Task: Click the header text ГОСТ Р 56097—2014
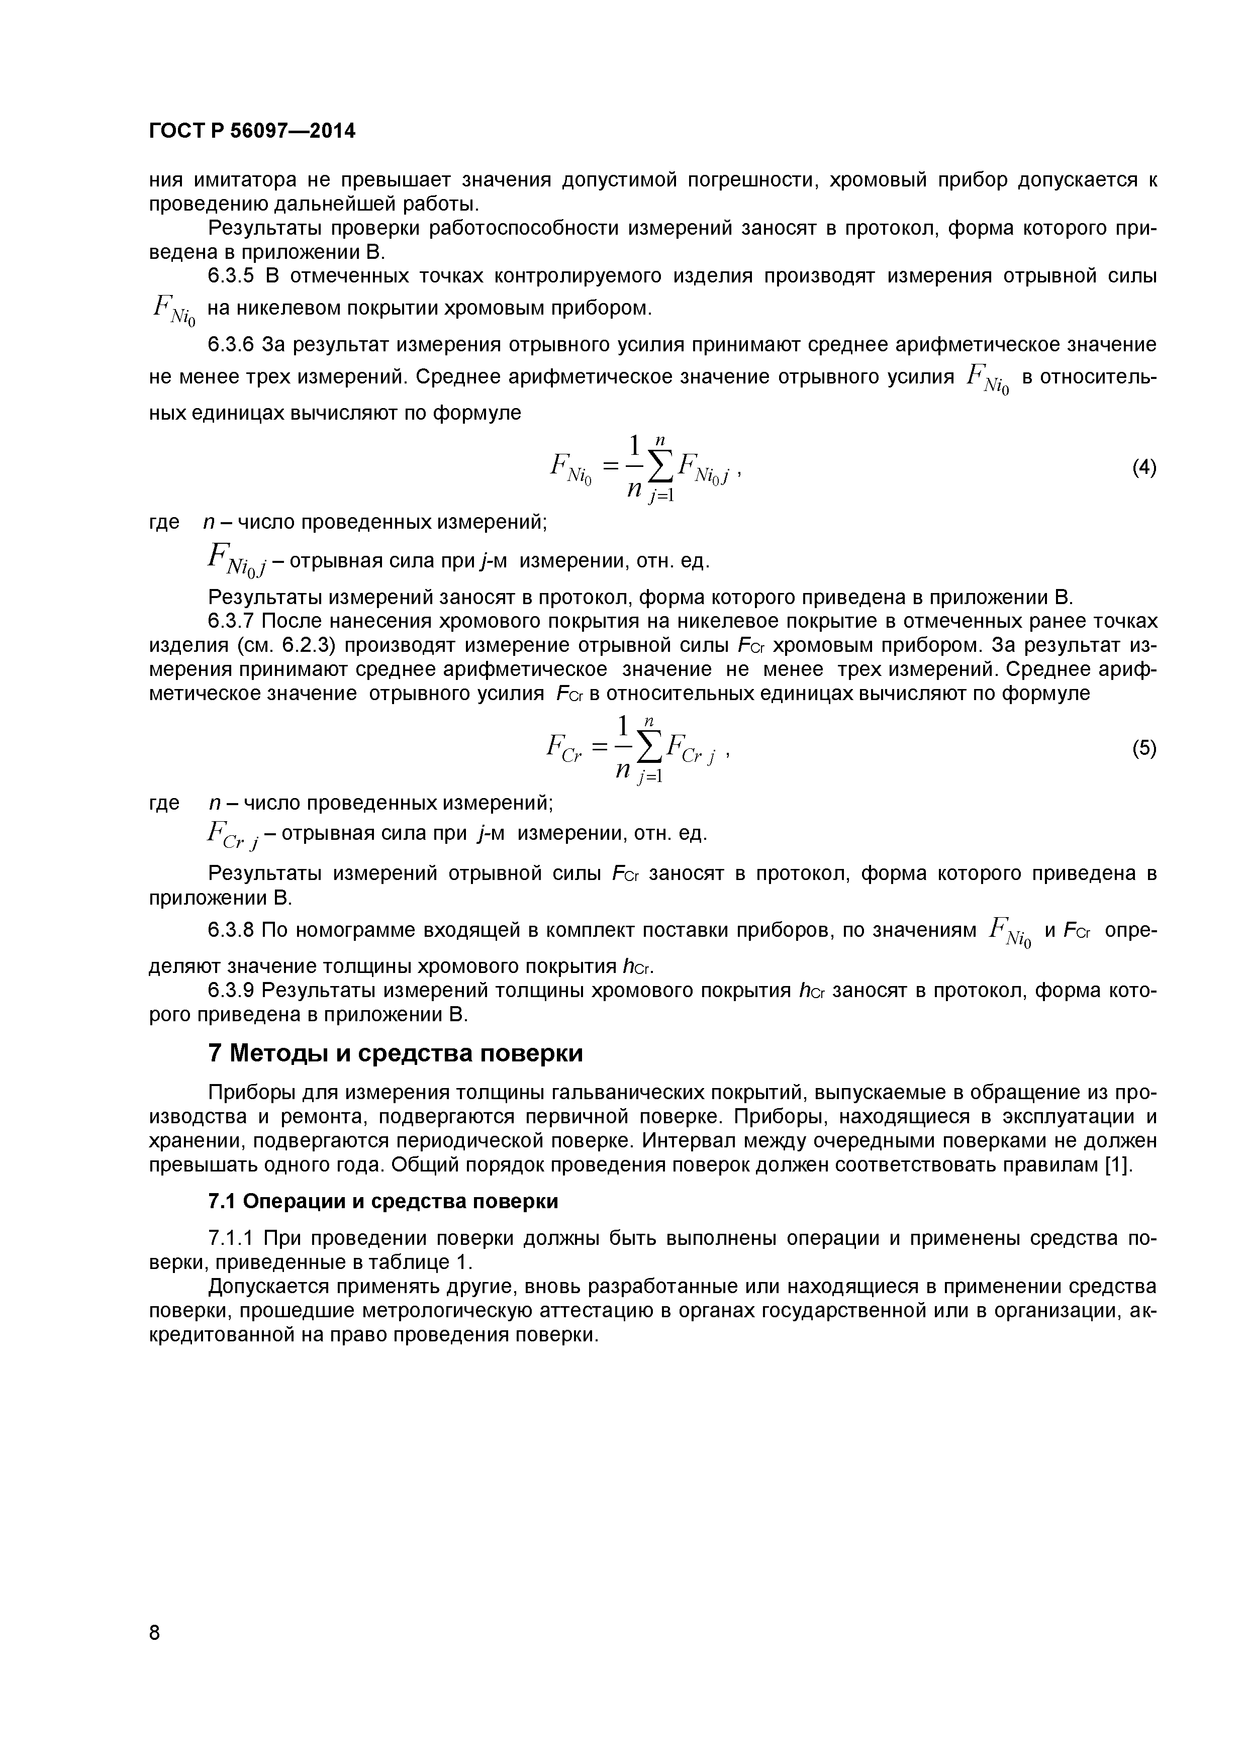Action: click(x=252, y=131)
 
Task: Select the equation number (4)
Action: click(x=1144, y=467)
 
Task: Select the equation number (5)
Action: click(x=1144, y=748)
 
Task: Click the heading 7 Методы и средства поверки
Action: click(x=396, y=1053)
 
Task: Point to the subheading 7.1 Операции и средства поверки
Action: click(x=383, y=1201)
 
